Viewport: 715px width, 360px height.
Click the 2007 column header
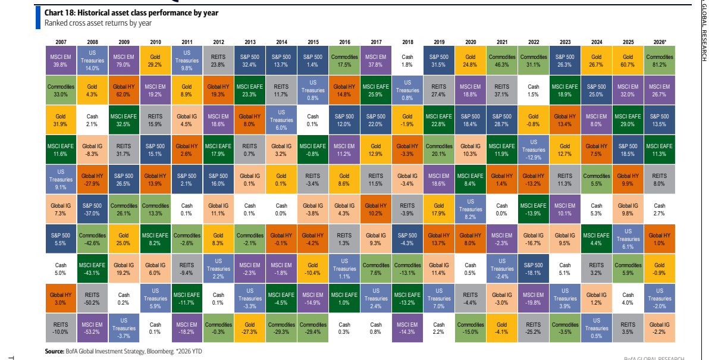pyautogui.click(x=61, y=42)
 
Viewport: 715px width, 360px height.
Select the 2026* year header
pyautogui.click(x=660, y=42)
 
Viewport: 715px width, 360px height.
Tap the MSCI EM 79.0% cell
pyautogui.click(x=124, y=61)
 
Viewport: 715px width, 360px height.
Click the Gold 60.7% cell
pyautogui.click(x=628, y=61)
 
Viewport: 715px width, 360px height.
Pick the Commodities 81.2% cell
pyautogui.click(x=660, y=61)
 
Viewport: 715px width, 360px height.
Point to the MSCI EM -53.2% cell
pyautogui.click(x=92, y=328)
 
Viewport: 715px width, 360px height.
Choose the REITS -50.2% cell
pyautogui.click(x=92, y=298)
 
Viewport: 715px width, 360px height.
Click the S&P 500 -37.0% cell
pyautogui.click(x=92, y=209)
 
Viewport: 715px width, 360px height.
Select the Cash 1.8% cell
pyautogui.click(x=407, y=61)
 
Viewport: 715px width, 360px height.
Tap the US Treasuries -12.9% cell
pyautogui.click(x=534, y=150)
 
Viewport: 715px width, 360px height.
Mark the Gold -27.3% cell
pyautogui.click(x=250, y=328)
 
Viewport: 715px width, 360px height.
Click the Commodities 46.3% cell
pyautogui.click(x=502, y=61)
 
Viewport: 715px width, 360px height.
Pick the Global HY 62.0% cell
pyautogui.click(x=124, y=90)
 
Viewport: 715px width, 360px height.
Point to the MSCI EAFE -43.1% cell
pyautogui.click(x=92, y=268)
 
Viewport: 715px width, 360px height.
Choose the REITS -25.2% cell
pyautogui.click(x=534, y=328)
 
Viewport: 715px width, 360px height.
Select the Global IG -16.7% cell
pyautogui.click(x=534, y=239)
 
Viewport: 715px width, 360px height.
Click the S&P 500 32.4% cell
pyautogui.click(x=250, y=61)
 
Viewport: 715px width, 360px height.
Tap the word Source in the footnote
pyautogui.click(x=55, y=352)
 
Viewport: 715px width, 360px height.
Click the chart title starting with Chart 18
pyautogui.click(x=131, y=12)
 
